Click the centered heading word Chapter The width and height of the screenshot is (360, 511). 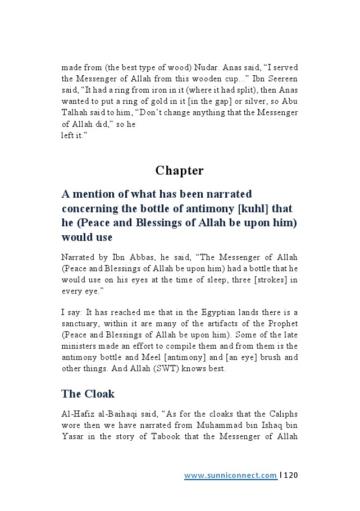point(180,170)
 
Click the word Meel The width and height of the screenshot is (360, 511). point(157,357)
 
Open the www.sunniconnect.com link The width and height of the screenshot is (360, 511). point(230,476)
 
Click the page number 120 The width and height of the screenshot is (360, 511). point(290,476)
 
